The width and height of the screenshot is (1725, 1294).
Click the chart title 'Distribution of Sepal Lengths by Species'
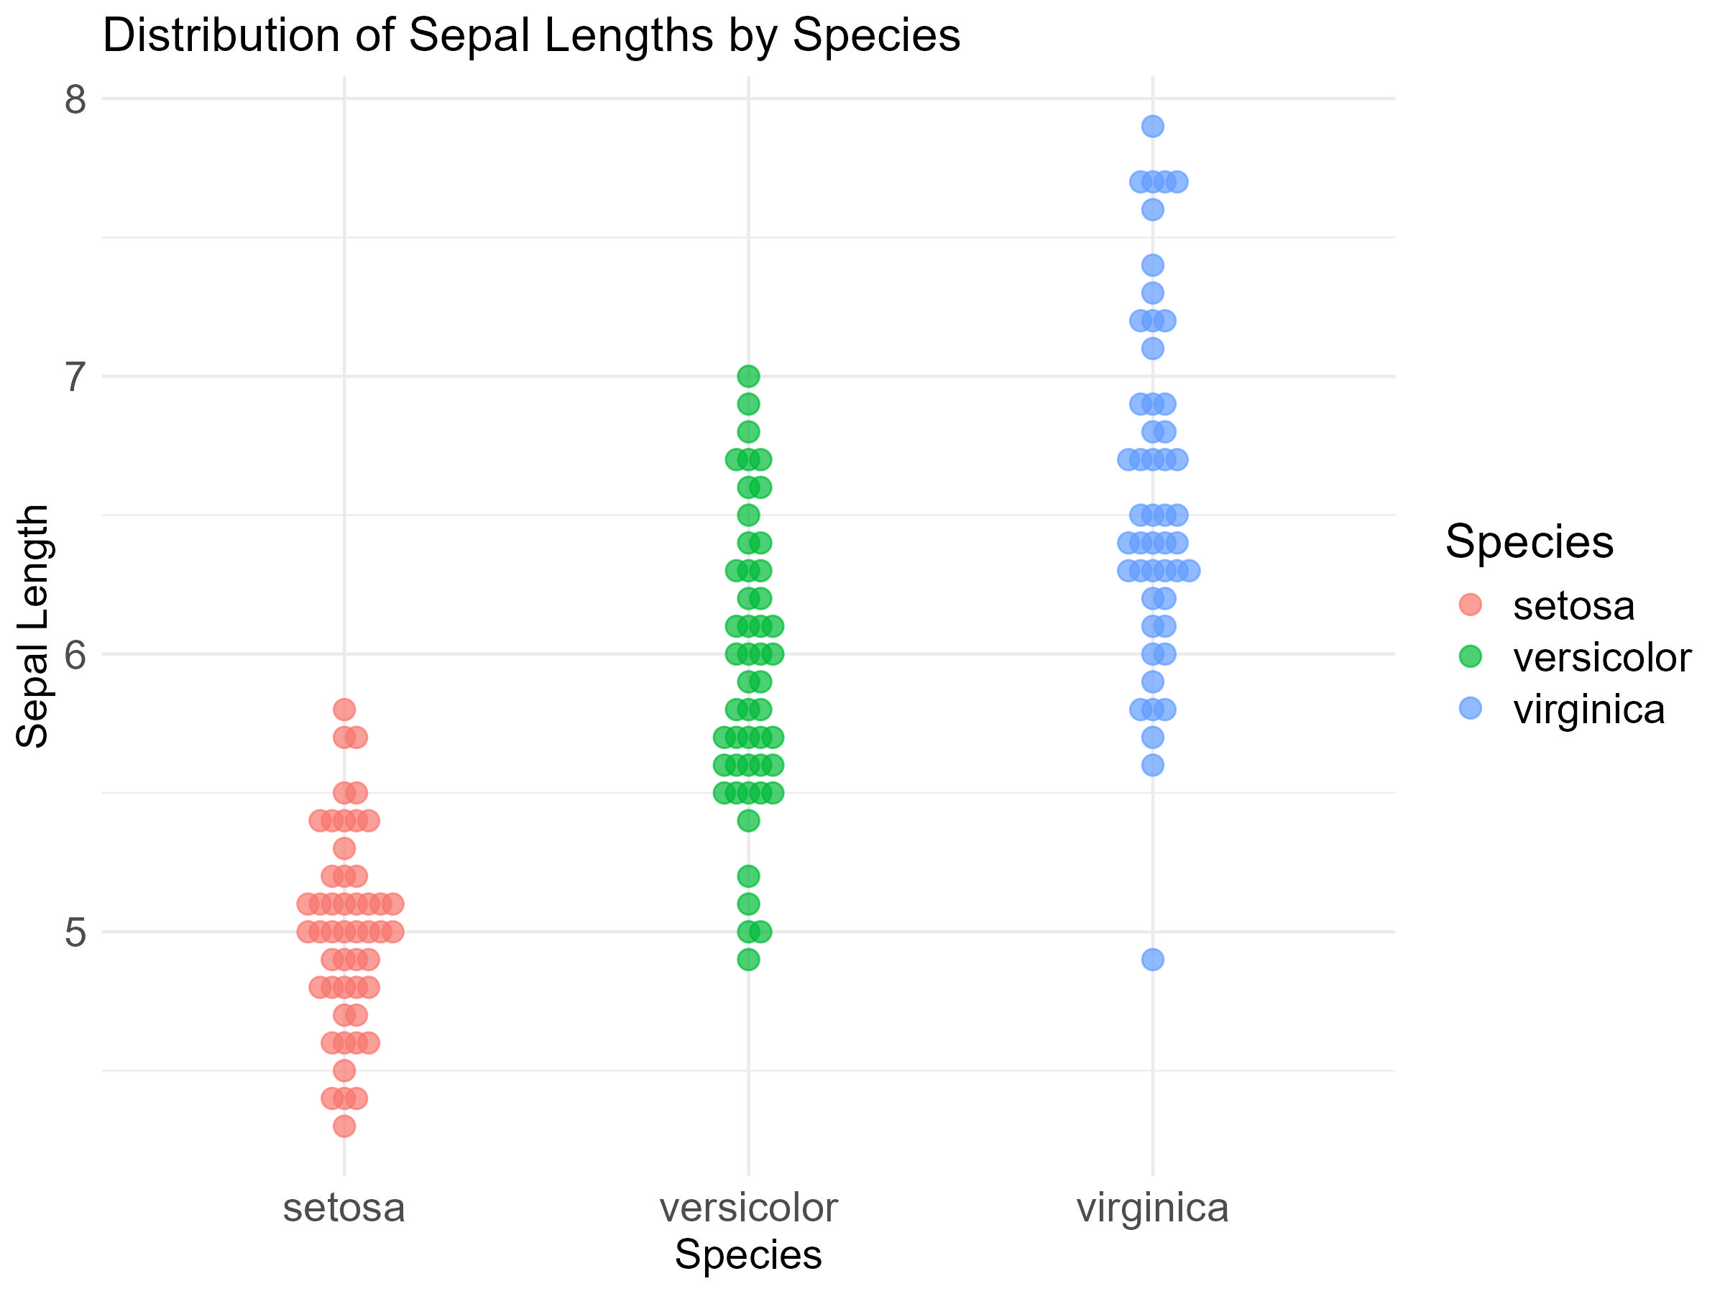(x=531, y=36)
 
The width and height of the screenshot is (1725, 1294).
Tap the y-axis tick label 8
(x=75, y=100)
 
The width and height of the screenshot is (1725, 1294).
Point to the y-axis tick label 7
(x=75, y=377)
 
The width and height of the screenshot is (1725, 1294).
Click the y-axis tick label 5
(x=75, y=933)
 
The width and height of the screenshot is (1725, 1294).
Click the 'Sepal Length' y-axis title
(x=33, y=626)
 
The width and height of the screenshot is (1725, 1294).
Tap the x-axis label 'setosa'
(x=344, y=1208)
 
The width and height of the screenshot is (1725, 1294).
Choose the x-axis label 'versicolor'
(x=748, y=1208)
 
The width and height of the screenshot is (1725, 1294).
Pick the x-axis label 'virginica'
(x=1152, y=1208)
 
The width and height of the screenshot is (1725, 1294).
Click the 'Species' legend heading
(x=1529, y=541)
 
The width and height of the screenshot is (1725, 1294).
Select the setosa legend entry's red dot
(x=1470, y=605)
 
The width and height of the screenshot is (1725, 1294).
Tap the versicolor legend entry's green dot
(x=1470, y=657)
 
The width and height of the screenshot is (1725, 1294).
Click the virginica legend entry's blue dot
(x=1470, y=708)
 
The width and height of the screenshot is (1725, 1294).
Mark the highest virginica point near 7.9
(x=1153, y=127)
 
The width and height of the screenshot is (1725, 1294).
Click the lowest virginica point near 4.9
(x=1153, y=960)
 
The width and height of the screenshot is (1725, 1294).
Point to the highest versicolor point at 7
(x=748, y=377)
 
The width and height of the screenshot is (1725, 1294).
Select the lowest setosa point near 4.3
(x=344, y=1126)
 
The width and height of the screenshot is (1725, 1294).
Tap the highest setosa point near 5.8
(x=344, y=710)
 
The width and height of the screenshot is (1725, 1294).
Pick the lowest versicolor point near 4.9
(x=748, y=960)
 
